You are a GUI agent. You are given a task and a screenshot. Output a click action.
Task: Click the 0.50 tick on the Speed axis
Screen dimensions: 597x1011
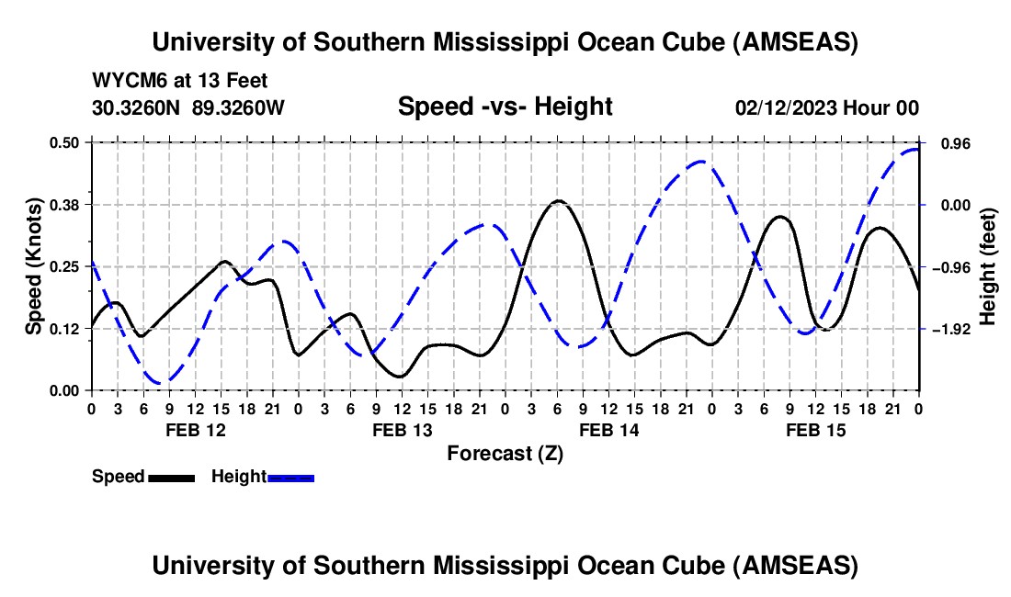[x=66, y=142]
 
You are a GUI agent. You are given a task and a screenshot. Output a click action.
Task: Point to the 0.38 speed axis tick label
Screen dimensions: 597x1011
[x=66, y=205]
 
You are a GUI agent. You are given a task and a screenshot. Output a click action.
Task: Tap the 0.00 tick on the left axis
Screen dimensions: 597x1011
[x=66, y=390]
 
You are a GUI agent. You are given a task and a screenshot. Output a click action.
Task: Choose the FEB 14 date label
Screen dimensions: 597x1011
[x=608, y=429]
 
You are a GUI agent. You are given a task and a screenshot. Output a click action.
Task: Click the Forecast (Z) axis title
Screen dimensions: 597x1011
[x=505, y=453]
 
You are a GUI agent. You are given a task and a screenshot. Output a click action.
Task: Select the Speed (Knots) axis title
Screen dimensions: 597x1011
[x=33, y=266]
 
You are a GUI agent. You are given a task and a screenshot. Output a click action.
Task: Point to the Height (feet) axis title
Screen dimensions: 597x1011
[x=988, y=266]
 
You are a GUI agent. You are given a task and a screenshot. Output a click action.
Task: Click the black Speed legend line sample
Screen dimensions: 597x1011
[x=171, y=477]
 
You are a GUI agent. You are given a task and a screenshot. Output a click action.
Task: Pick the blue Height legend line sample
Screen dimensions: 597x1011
[x=291, y=477]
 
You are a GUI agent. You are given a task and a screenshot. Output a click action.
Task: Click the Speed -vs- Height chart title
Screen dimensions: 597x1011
[x=505, y=107]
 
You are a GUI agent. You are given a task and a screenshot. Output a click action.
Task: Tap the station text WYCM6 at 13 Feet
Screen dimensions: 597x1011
[x=180, y=81]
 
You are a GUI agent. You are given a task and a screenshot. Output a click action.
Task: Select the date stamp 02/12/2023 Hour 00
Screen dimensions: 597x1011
[x=827, y=107]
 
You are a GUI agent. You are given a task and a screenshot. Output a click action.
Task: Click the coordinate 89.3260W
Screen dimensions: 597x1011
[x=239, y=107]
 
